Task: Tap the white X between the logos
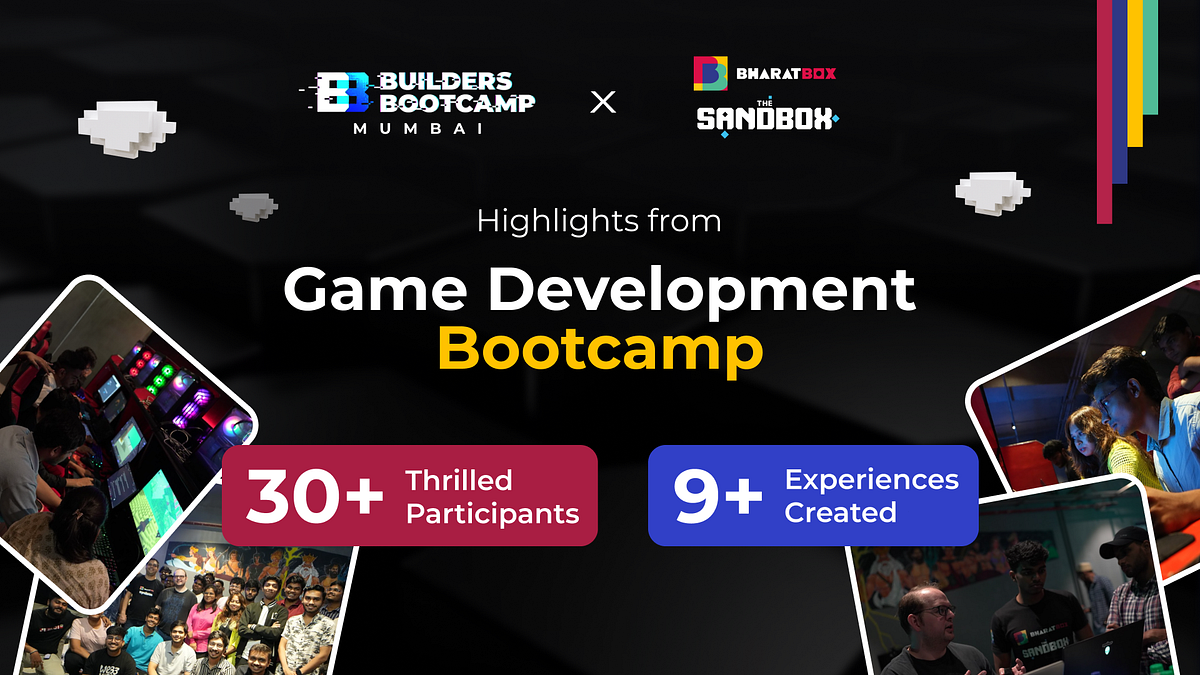coord(603,102)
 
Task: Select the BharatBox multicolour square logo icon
coord(710,73)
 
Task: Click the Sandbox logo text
coord(767,118)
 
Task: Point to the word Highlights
coord(557,221)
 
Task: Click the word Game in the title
coord(376,289)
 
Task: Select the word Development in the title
coord(701,292)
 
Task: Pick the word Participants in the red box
coord(492,514)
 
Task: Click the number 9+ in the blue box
coord(717,496)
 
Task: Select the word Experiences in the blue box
coord(872,479)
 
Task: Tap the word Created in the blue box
coord(841,512)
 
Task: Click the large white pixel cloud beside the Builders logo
coord(127,129)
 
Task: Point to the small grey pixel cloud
coord(253,207)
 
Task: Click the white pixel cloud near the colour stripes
coord(993,193)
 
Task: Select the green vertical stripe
coord(1151,57)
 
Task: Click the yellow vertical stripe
coord(1135,73)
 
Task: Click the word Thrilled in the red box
coord(459,481)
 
